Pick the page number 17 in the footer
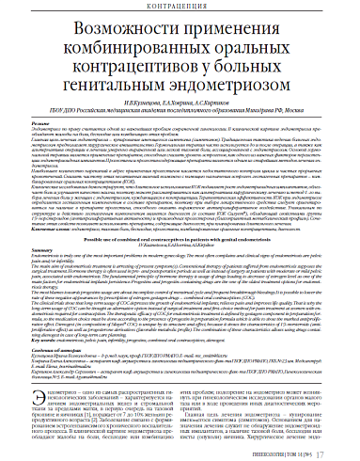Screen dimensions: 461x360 (345, 450)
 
